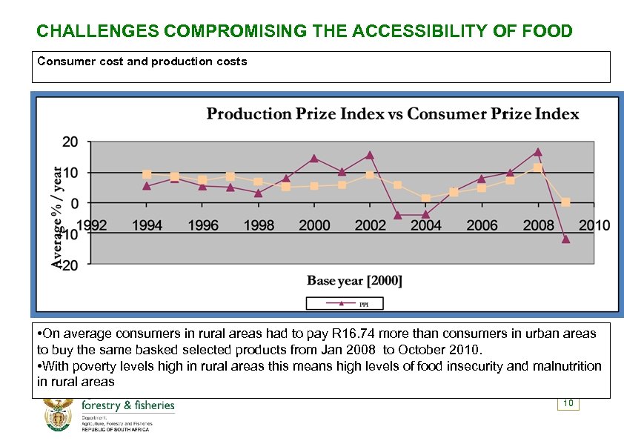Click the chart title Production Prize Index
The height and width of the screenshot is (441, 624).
(x=393, y=113)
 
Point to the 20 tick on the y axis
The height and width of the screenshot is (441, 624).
(x=71, y=142)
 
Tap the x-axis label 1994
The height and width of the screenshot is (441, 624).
(x=147, y=225)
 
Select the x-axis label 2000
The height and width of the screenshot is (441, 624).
(x=314, y=225)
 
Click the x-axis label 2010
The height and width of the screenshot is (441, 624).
(x=594, y=225)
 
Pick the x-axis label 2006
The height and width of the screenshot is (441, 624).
(x=482, y=225)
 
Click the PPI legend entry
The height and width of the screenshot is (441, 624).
(x=345, y=303)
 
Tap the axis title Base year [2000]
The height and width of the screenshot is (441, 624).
(x=354, y=280)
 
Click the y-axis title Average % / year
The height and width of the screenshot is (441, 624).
(x=58, y=216)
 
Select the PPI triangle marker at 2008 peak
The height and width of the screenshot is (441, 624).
(x=537, y=152)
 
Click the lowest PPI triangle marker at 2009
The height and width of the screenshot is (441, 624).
(x=565, y=239)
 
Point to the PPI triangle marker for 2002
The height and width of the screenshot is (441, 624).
(x=370, y=155)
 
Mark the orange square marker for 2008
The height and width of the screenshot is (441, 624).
(x=537, y=168)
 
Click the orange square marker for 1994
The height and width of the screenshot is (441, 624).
(x=147, y=175)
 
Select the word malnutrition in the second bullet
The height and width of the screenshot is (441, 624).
(x=567, y=366)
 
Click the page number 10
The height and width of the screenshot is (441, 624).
(x=568, y=403)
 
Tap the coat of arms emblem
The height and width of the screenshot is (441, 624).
(x=58, y=415)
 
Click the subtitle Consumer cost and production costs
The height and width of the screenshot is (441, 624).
(x=142, y=62)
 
